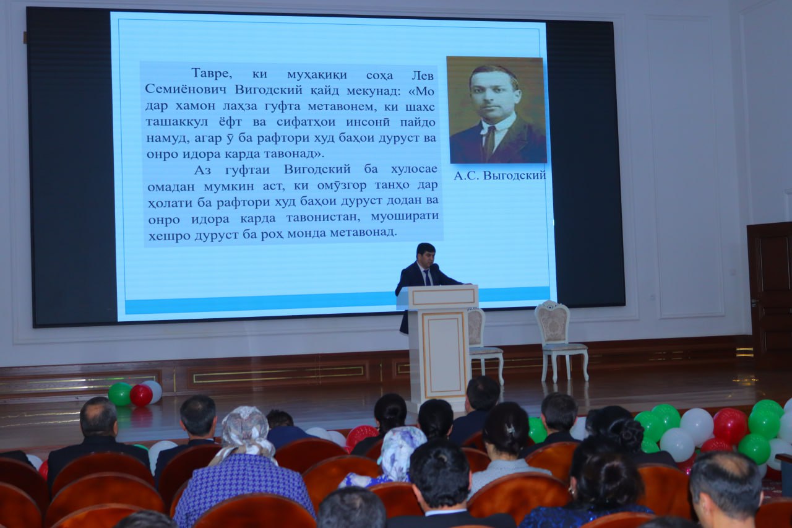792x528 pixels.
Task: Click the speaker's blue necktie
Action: [427, 277]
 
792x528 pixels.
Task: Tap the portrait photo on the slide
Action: [497, 110]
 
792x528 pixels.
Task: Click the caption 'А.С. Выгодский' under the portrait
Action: [500, 175]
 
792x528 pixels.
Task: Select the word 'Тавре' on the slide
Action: [212, 74]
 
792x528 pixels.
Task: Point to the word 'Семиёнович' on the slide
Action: [186, 89]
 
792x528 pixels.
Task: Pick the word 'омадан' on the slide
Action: [171, 186]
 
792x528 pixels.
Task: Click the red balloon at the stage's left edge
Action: [141, 395]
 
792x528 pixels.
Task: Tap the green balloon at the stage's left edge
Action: [120, 394]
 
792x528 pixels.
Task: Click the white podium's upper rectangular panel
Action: [444, 297]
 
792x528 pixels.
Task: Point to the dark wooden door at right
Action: [770, 294]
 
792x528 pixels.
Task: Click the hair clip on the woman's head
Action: [510, 430]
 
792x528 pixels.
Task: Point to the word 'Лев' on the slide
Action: [423, 76]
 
